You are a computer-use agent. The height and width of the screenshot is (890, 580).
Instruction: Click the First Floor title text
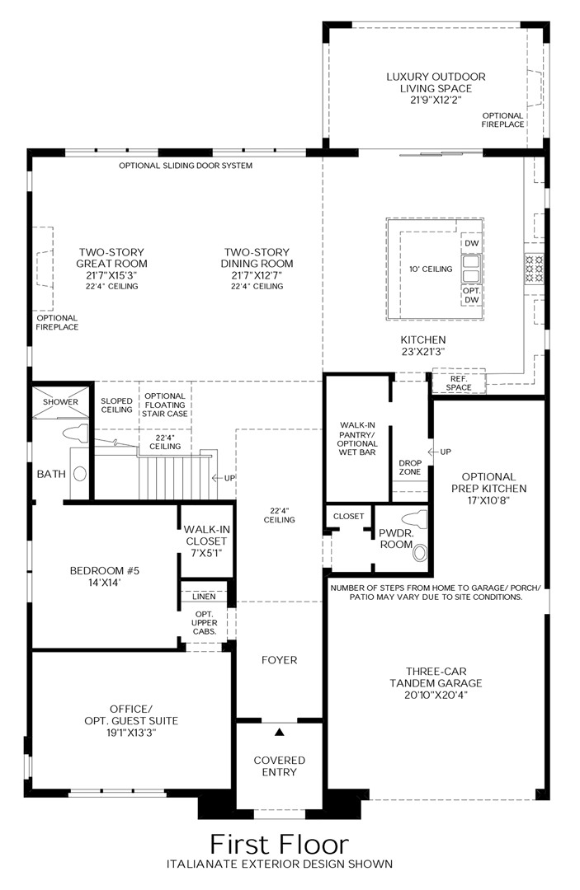(279, 844)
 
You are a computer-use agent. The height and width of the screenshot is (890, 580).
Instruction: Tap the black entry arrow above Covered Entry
(280, 732)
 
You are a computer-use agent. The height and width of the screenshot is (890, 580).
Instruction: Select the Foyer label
(279, 660)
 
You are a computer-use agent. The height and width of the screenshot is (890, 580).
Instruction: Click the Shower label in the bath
(61, 402)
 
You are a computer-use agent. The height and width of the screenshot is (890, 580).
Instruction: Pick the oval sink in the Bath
(81, 474)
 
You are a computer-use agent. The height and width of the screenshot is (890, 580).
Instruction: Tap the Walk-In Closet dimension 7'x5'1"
(205, 553)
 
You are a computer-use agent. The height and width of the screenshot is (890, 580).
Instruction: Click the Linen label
(205, 596)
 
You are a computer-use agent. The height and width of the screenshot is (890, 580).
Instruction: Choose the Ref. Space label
(459, 382)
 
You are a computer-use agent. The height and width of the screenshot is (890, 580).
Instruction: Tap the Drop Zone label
(410, 467)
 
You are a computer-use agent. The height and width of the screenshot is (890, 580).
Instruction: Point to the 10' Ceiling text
(431, 269)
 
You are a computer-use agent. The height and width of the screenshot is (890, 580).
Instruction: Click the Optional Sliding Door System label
(186, 166)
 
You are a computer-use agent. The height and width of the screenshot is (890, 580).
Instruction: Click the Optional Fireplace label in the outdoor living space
(502, 119)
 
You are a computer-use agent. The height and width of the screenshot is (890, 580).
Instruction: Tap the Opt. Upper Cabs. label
(205, 622)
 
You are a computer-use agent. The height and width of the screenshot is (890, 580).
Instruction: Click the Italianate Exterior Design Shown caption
(279, 864)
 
